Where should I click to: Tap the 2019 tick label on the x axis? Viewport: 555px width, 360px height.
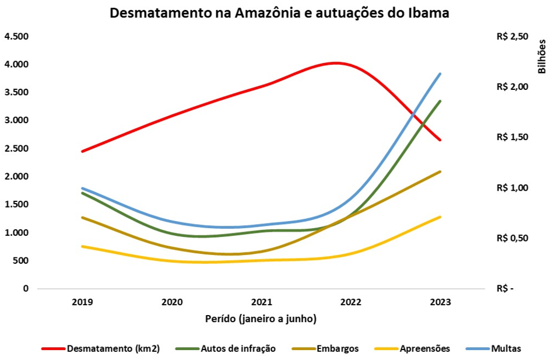(83, 303)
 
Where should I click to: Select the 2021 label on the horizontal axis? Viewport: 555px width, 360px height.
(262, 303)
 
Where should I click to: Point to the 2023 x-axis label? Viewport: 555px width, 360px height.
(441, 303)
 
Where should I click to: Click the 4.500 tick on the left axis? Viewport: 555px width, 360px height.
(16, 36)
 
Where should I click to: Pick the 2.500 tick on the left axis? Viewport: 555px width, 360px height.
(16, 149)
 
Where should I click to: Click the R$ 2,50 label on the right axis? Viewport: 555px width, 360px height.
(512, 37)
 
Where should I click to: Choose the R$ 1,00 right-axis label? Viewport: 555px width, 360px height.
(512, 188)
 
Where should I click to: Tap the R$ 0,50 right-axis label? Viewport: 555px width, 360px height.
(512, 238)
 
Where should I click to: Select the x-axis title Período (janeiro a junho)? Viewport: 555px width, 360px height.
(261, 319)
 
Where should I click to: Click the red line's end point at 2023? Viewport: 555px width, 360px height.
(441, 140)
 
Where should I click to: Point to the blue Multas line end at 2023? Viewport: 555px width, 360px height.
(441, 74)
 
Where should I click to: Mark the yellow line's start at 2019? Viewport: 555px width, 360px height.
(83, 246)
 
